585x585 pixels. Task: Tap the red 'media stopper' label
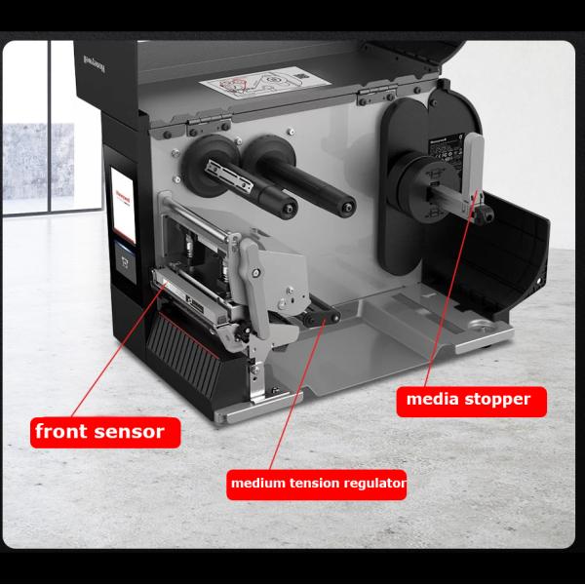[x=470, y=399]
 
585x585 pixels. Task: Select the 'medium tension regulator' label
[x=316, y=483]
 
